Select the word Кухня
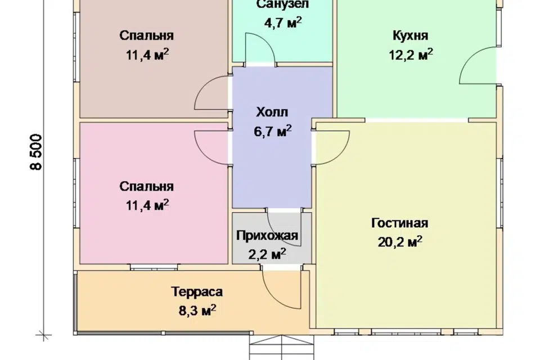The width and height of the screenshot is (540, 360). coord(411,36)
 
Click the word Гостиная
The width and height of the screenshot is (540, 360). coord(399,223)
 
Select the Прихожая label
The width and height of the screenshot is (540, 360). coord(267,236)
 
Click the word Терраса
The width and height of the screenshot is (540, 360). coord(197,292)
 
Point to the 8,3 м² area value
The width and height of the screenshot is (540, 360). coord(197,310)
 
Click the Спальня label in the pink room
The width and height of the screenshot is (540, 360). coord(147,186)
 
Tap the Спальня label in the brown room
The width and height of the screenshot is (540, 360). coord(147,36)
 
